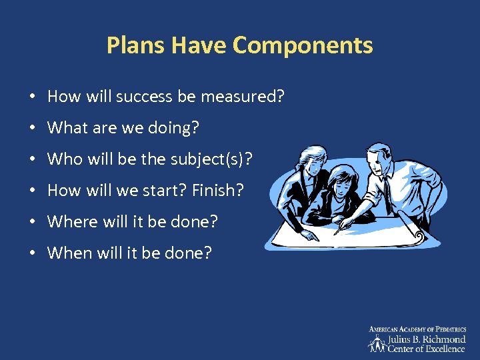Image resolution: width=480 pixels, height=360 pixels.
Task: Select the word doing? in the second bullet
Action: (177, 128)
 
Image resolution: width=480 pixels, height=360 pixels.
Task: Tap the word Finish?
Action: (218, 191)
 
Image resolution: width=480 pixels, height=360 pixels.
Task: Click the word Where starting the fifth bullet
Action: (69, 222)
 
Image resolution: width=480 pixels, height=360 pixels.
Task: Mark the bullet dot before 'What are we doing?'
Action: (33, 128)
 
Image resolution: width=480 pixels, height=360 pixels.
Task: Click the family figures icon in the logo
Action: (378, 343)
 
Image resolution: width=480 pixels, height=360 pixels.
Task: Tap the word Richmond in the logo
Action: (443, 339)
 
